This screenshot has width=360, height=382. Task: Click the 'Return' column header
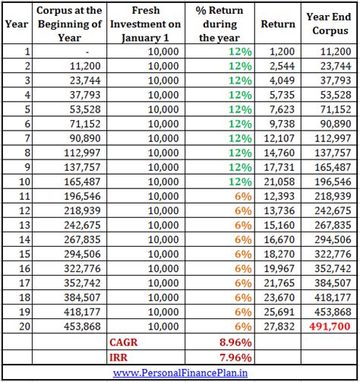tap(277, 24)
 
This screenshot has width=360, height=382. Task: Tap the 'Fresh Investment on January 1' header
tap(156, 24)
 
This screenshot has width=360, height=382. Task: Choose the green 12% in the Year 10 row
tap(241, 182)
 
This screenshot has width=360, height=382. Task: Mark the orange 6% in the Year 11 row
tap(243, 196)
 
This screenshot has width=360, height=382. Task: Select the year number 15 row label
tap(15, 254)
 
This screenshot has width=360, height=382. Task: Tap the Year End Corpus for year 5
tap(333, 109)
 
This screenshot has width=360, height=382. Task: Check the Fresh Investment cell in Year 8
tap(163, 153)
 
